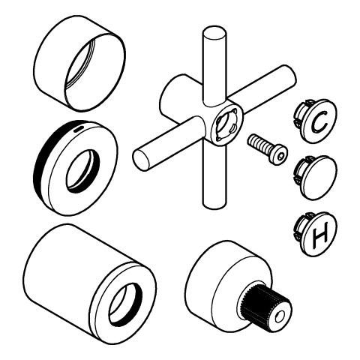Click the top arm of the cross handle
[x=214, y=65]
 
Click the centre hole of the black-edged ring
[x=82, y=171]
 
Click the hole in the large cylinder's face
[x=125, y=304]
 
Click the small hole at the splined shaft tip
[x=280, y=317]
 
